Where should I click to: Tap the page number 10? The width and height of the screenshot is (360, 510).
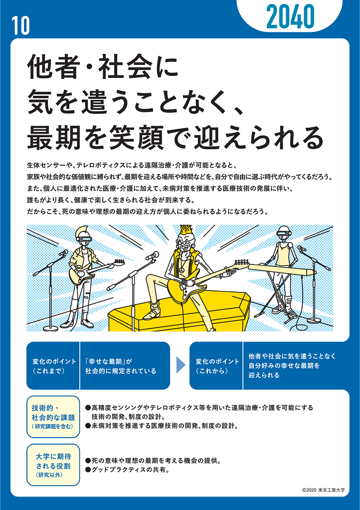point(20,25)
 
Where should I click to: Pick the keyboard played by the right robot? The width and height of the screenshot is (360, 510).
point(282,268)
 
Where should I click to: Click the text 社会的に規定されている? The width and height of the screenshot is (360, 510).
point(121,371)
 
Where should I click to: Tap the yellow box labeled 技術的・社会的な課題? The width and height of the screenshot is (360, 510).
point(53,417)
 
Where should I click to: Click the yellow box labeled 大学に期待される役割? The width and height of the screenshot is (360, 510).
point(53,465)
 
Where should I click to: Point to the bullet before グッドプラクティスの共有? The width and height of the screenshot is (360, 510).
point(87,470)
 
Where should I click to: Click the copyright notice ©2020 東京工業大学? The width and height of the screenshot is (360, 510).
point(323,490)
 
